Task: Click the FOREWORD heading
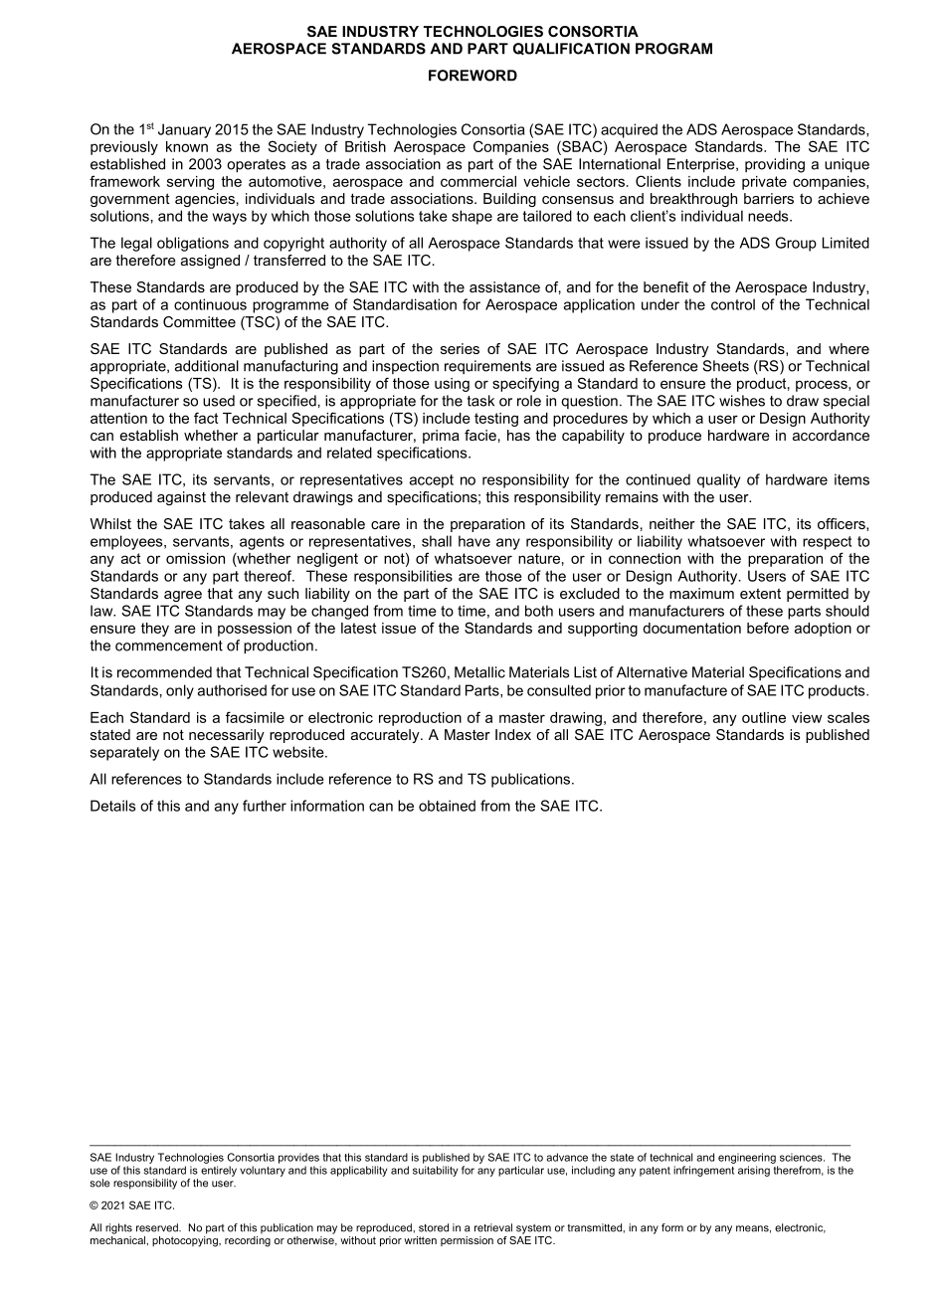click(x=472, y=76)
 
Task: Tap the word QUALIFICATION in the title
click(x=537, y=48)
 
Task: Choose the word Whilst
click(x=111, y=524)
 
